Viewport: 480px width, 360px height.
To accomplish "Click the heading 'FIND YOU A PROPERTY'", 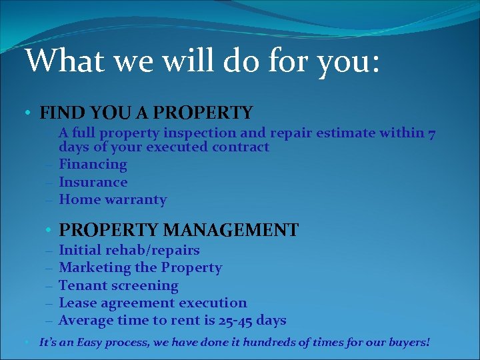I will tap(146, 113).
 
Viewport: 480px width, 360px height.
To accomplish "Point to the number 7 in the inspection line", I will tap(432, 133).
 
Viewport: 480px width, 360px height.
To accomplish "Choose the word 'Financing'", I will tap(93, 164).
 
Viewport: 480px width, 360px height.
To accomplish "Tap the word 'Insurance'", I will tap(93, 182).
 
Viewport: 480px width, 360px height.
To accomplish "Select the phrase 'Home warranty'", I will tap(113, 199).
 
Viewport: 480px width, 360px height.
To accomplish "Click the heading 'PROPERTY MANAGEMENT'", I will tap(179, 230).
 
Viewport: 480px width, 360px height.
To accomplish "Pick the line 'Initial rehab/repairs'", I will tap(129, 250).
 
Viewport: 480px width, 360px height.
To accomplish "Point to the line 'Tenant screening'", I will tap(119, 285).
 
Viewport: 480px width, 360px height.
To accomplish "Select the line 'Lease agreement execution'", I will tap(153, 303).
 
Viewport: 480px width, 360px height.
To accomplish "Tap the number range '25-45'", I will tap(236, 321).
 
